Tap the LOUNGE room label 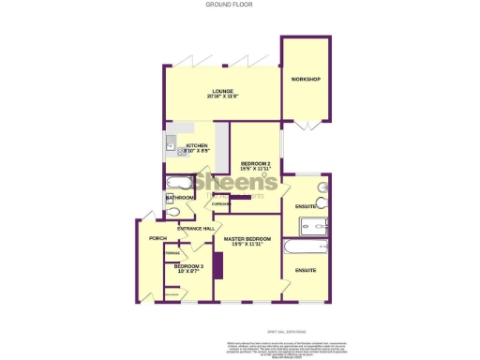tap(222, 92)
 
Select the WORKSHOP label tap(306, 79)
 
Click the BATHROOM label tap(180, 199)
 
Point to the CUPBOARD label tap(221, 203)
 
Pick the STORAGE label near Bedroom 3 tap(172, 252)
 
